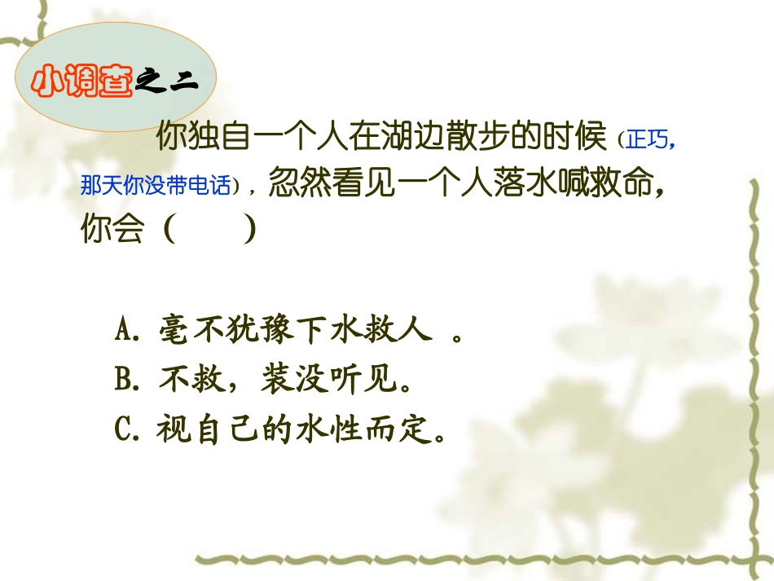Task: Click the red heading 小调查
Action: tap(81, 83)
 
